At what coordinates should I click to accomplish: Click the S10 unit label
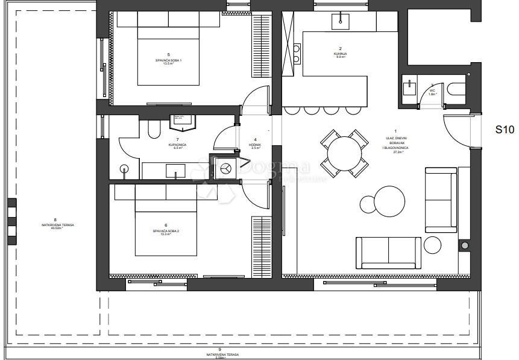(505, 129)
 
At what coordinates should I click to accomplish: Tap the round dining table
(344, 153)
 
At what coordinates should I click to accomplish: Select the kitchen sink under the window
(340, 22)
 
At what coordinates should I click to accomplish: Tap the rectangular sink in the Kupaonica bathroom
(175, 174)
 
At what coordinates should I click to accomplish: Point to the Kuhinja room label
(340, 52)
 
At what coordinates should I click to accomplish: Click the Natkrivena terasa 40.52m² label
(55, 224)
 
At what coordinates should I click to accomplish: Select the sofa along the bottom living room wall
(388, 253)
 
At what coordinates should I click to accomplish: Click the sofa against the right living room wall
(440, 199)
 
